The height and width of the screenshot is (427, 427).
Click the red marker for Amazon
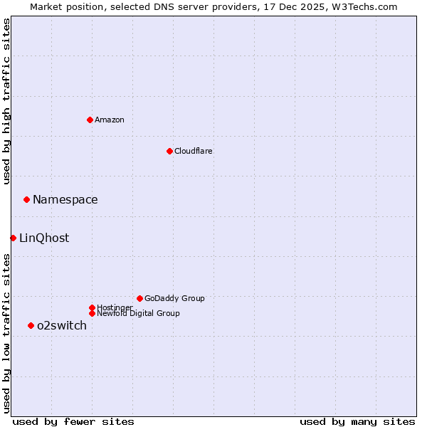90,120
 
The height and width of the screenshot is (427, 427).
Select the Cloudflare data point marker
169,151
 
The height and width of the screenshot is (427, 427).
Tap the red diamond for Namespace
26,199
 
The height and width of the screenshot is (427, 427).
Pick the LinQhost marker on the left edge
13,238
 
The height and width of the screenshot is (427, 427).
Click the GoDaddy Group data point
139,298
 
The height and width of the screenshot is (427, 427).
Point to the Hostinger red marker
92,307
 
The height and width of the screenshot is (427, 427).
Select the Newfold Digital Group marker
92,313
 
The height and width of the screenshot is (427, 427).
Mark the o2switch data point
31,325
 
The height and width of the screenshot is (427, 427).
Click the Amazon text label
109,120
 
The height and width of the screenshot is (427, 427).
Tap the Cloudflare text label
193,151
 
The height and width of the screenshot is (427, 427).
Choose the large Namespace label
65,199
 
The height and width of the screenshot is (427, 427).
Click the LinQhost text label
44,238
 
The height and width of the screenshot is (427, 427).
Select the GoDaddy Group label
174,298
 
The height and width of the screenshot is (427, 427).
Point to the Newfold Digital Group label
138,313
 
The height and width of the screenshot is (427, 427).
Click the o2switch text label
62,325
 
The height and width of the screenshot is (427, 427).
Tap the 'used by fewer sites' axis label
73,421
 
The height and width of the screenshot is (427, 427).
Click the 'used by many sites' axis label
357,421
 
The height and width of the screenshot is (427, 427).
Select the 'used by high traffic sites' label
6,101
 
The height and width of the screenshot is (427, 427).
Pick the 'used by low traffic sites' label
6,333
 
